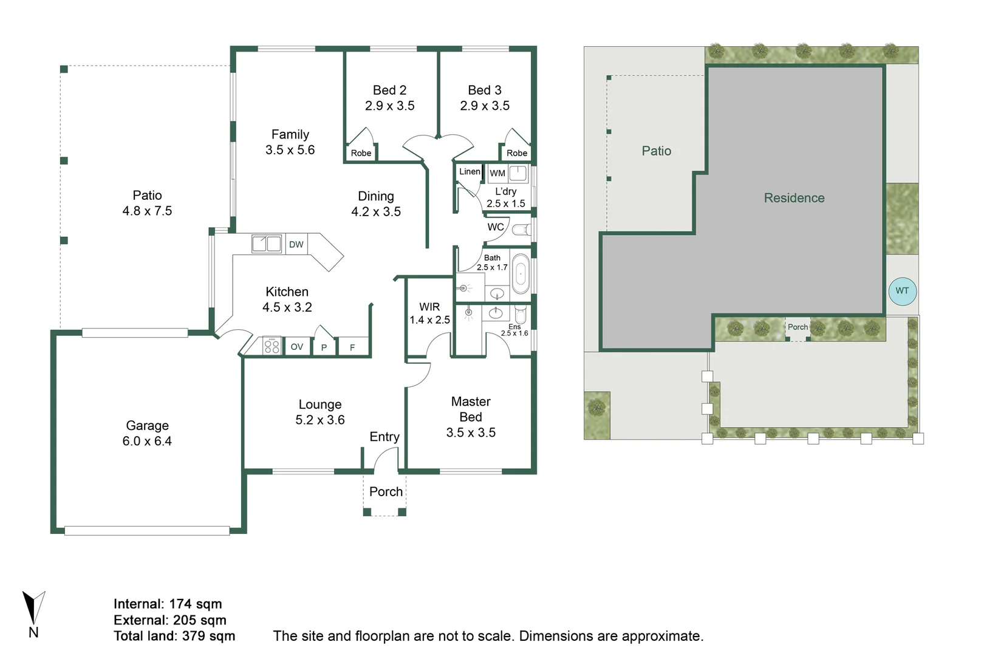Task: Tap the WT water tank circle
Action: tap(902, 291)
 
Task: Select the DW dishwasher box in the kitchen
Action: tap(296, 244)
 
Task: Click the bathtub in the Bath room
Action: tap(521, 274)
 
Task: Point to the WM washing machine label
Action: tap(497, 173)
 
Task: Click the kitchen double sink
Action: tap(267, 244)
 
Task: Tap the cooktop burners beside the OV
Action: tap(272, 347)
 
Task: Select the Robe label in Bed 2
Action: tap(361, 153)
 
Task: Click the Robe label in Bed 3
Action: tap(517, 153)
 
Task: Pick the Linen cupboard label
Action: tap(470, 171)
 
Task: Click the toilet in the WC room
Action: tap(521, 230)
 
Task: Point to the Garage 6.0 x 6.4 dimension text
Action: tap(147, 441)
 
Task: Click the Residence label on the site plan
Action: tap(794, 198)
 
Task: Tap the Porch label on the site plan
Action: tap(798, 327)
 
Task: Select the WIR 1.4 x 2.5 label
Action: tap(429, 313)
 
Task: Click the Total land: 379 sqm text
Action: tap(174, 636)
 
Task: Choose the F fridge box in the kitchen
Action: tap(352, 347)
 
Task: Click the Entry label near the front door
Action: tap(384, 437)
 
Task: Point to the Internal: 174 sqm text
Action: tap(168, 604)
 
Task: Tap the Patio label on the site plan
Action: tap(657, 151)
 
